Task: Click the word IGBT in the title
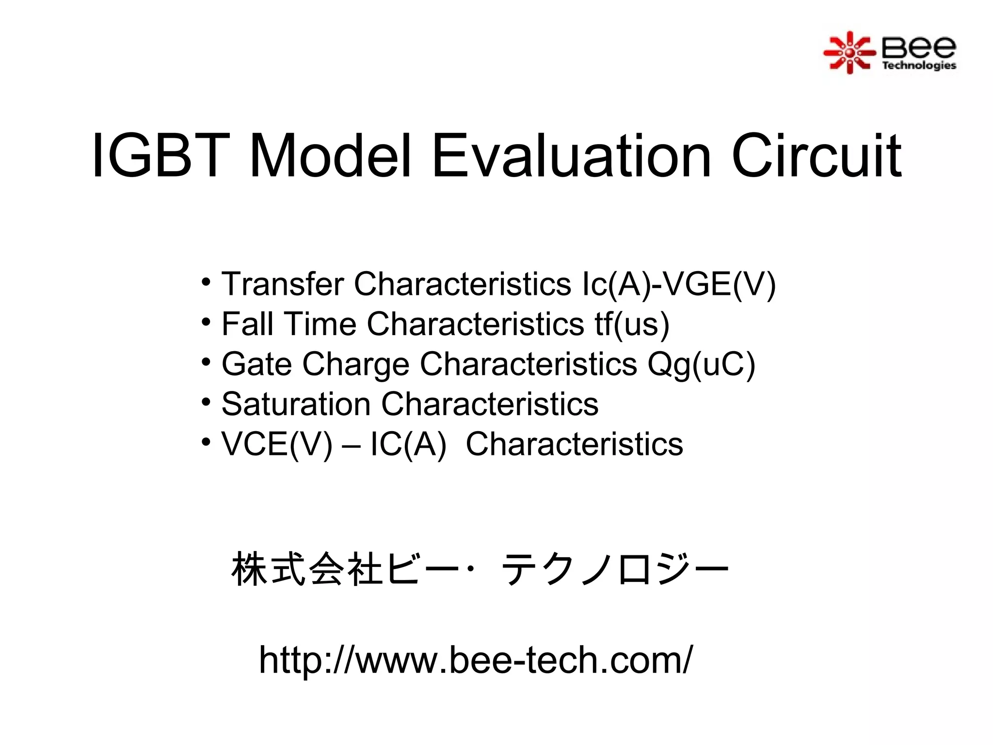coord(160,156)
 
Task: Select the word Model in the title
coord(330,156)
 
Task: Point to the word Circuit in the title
coord(817,156)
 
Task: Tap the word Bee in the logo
coord(918,47)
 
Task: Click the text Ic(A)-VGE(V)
coord(678,284)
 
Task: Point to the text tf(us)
coord(632,324)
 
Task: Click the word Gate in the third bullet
coord(256,364)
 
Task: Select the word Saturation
coord(296,404)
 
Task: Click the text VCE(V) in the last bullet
coord(277,444)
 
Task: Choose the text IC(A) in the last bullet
coord(408,444)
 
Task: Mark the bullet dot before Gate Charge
coord(207,362)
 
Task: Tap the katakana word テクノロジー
coord(615,570)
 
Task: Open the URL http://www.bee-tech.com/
coord(476,660)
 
